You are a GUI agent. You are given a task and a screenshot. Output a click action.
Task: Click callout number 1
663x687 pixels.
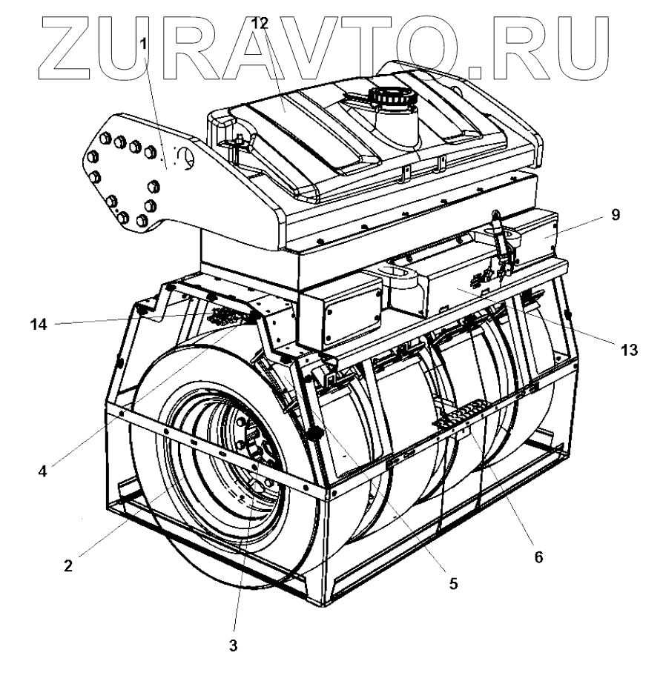coord(143,44)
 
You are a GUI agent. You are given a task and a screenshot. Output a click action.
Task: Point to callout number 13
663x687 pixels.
coord(628,350)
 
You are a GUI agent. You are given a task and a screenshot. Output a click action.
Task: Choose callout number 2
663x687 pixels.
coord(67,565)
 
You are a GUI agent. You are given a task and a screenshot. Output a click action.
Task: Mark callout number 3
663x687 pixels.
coord(233,645)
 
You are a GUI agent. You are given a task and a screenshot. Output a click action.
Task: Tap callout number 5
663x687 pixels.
coord(453,583)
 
